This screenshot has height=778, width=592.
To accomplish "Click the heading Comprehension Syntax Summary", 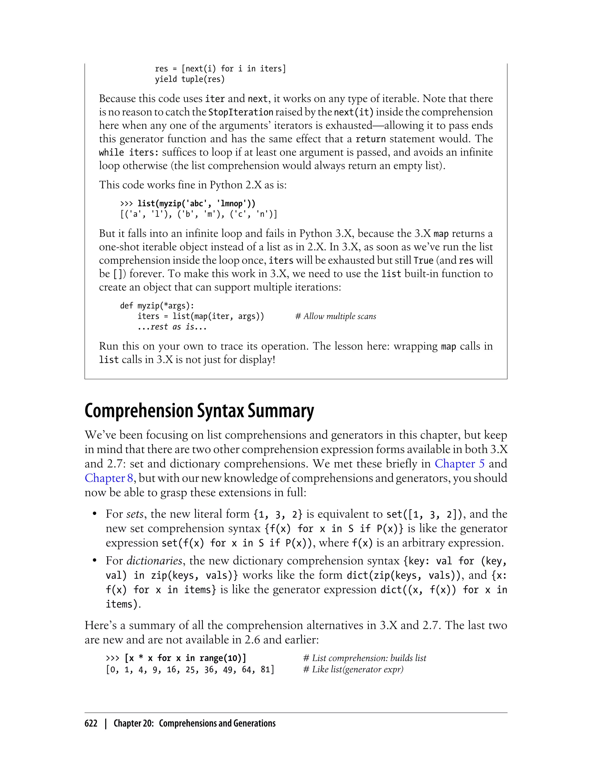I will [199, 411].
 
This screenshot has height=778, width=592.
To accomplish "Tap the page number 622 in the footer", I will [91, 723].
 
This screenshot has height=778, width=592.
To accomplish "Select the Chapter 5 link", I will [460, 463].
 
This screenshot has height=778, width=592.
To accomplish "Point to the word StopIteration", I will [241, 112].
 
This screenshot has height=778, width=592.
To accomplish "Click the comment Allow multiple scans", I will [336, 316].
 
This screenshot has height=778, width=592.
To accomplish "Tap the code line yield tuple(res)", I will [190, 79].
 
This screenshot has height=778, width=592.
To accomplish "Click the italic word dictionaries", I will [154, 561].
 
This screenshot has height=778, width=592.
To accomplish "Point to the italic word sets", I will [135, 514].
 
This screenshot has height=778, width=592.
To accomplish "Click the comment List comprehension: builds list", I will [365, 658].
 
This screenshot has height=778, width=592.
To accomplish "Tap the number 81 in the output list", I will [265, 669].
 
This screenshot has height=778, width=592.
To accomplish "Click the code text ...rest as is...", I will [172, 327].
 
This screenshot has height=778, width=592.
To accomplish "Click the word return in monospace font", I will [371, 139].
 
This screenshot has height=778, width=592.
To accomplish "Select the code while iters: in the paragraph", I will [129, 153].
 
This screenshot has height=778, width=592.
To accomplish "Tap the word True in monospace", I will [423, 260].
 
